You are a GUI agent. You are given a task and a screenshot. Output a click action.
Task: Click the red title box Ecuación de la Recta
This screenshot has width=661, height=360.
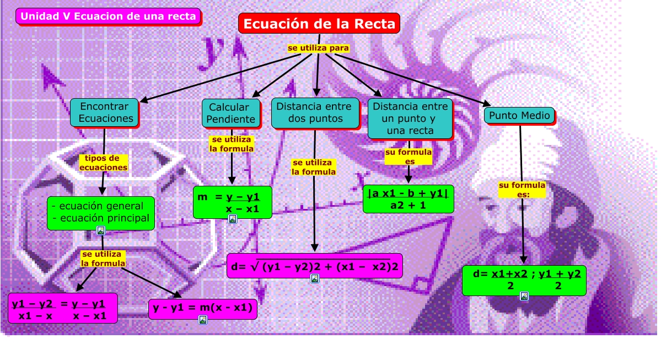coord(319,24)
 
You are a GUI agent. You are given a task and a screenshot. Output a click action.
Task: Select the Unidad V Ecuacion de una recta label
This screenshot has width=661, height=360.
coord(108,17)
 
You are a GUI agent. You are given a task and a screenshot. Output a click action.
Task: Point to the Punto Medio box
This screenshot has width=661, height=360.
coord(519,116)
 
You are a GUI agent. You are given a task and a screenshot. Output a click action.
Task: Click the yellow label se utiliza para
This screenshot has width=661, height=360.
coord(318,49)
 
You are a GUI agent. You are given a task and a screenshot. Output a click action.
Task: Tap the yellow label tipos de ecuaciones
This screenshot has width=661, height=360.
coord(103,163)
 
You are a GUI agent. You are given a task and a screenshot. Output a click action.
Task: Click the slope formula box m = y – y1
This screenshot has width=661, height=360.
coord(232,202)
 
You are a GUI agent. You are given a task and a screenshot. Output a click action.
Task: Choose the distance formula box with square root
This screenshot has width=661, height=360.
coord(315,266)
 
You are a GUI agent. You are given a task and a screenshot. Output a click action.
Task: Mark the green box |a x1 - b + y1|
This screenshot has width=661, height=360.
coord(409,198)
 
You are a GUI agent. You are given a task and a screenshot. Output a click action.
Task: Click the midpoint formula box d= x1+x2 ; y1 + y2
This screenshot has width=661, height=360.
coord(524,280)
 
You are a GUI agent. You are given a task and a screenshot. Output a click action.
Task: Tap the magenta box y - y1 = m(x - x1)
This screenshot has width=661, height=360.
coord(202,309)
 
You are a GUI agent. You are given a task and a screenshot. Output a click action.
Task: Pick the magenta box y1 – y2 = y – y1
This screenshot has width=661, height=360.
coord(62,308)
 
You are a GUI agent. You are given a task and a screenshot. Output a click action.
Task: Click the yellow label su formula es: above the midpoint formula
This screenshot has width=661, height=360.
coord(522,189)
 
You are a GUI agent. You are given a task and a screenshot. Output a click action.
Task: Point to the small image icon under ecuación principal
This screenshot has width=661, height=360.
coord(101,230)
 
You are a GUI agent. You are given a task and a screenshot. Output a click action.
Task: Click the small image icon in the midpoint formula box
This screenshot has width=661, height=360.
coord(524,296)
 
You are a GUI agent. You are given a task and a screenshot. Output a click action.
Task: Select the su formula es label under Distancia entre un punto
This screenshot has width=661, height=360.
coord(409,157)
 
